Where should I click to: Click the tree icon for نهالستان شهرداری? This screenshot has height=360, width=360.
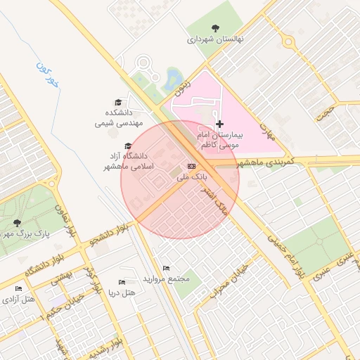tap(214, 29)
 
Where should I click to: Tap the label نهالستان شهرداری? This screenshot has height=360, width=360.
tap(214, 40)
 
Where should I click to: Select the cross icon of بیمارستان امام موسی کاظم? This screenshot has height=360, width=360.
tap(220, 124)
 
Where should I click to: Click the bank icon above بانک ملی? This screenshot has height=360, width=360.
tap(192, 166)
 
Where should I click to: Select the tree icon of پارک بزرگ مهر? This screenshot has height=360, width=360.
tap(18, 223)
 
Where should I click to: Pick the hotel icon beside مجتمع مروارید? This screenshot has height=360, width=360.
tap(166, 268)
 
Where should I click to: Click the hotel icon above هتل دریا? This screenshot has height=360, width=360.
tap(122, 282)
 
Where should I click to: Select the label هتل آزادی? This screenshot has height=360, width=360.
tap(19, 300)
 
